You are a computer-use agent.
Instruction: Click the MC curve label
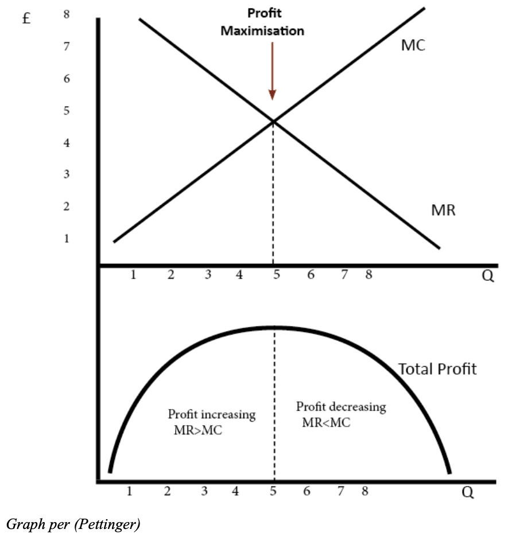[x=413, y=46]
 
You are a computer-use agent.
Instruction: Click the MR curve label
[x=443, y=210]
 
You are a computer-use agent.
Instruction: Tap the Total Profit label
[x=437, y=369]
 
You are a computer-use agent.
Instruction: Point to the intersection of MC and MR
[x=273, y=121]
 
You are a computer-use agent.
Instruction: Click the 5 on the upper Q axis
[x=276, y=274]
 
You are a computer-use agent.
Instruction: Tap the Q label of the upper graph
[x=487, y=277]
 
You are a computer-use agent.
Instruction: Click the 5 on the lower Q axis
[x=274, y=491]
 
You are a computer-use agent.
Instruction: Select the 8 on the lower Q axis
[x=364, y=491]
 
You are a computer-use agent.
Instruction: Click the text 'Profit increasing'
[x=211, y=415]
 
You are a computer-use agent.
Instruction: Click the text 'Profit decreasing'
[x=341, y=407]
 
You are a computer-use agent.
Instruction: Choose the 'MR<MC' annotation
[x=326, y=423]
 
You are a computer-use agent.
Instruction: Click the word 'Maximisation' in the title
[x=262, y=31]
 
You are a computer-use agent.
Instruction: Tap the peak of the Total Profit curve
[x=274, y=328]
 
